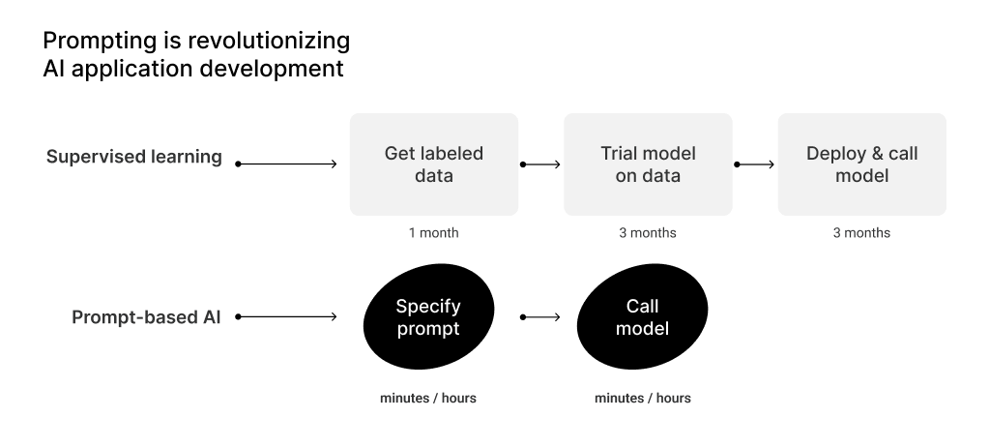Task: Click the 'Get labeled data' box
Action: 434,164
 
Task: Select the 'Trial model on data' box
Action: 648,164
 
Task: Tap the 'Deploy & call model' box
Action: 861,164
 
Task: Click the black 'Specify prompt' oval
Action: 428,316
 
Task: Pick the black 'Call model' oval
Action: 642,316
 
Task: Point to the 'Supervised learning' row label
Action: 133,157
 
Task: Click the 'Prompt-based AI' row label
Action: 146,316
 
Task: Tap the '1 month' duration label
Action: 434,232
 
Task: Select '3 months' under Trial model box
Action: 648,232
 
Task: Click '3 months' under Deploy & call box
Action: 861,232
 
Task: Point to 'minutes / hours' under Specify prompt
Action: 428,399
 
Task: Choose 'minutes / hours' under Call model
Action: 643,399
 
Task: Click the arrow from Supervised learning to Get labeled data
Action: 286,164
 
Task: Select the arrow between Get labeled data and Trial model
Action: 540,164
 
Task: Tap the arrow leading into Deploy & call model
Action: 754,164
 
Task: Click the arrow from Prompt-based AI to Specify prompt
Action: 286,316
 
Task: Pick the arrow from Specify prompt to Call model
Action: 540,316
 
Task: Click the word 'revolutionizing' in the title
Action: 269,41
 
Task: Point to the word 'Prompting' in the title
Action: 100,41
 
